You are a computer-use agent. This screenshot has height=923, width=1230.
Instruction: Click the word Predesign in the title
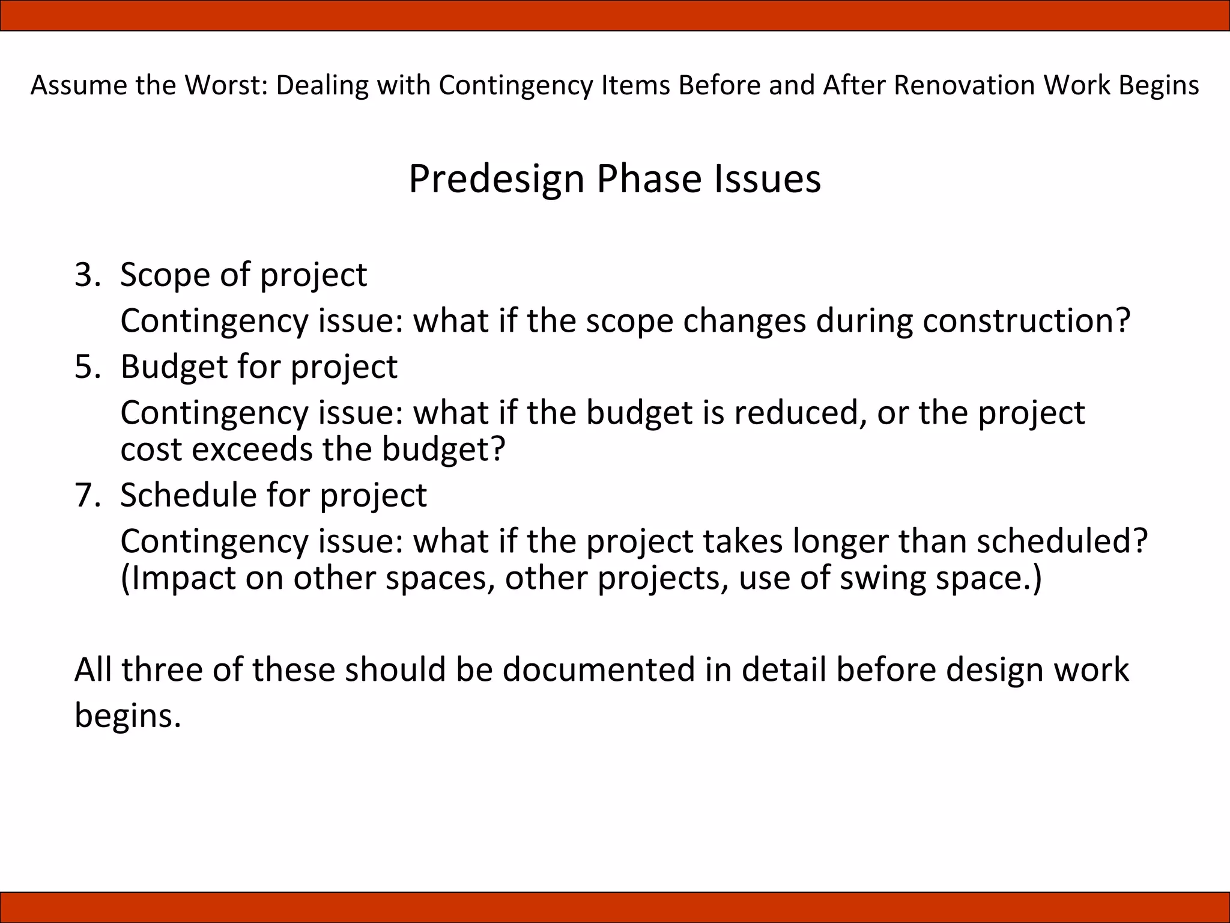click(x=496, y=180)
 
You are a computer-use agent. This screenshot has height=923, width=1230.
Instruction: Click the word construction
click(x=1026, y=321)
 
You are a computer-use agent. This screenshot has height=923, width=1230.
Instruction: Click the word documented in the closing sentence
click(x=598, y=669)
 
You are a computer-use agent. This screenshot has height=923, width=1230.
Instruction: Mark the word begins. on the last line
click(x=127, y=716)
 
